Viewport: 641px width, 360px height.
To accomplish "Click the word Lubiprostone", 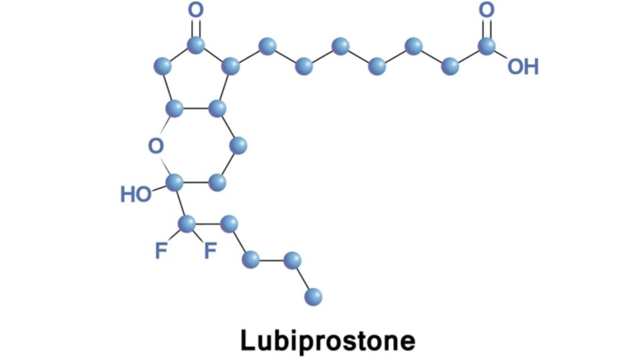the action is click(327, 341).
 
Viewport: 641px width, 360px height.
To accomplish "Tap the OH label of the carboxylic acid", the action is click(523, 67).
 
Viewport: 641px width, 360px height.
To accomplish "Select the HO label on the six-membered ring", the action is click(135, 194).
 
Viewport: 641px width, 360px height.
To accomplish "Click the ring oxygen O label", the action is click(156, 146).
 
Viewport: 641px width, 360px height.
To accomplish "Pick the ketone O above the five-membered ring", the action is click(196, 10).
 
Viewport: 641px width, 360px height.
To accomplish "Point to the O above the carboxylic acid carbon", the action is click(486, 10).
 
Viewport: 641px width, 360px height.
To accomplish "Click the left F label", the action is click(161, 250).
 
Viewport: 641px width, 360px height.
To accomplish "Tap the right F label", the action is click(210, 250).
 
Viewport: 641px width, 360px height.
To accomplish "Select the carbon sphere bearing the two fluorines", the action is click(187, 224).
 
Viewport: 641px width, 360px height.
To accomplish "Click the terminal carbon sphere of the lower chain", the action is click(313, 297).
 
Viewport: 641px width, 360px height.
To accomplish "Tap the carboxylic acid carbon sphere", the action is click(486, 46).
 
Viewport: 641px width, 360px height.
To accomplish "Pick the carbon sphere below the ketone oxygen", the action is click(196, 45).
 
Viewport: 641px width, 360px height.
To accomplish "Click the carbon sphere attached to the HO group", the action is click(175, 182).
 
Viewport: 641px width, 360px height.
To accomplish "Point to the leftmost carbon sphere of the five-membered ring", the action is click(162, 66).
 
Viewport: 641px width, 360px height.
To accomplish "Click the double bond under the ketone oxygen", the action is click(196, 28).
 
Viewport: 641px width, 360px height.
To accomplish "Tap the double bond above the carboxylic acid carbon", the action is click(486, 28).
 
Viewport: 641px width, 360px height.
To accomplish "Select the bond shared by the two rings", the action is click(196, 109).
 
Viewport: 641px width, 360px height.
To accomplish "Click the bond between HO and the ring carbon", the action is click(158, 188).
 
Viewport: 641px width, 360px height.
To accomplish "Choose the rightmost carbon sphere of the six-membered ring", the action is click(238, 146).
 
